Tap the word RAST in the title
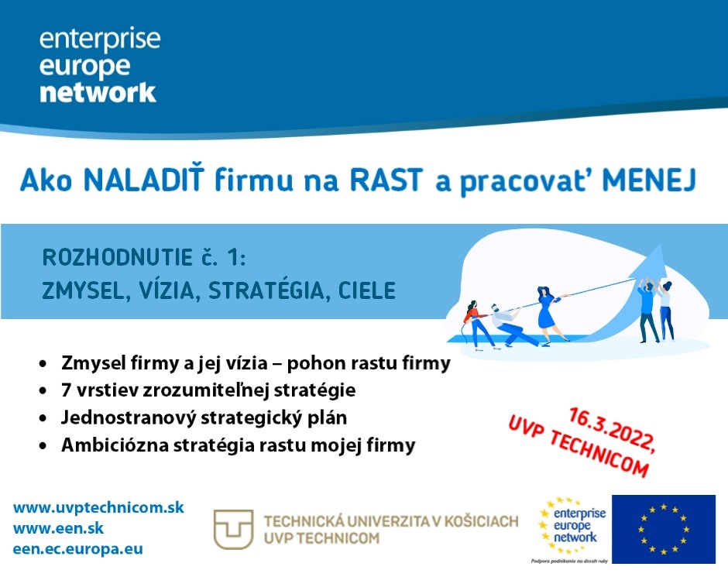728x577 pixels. (386, 180)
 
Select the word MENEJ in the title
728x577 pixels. (649, 180)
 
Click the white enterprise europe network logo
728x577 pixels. (99, 65)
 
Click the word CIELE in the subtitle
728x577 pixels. (367, 290)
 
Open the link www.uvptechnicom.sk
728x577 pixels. (98, 507)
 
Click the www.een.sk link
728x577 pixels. (59, 528)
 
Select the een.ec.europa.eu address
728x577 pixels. (78, 549)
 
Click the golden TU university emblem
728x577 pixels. (233, 529)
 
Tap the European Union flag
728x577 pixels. (664, 529)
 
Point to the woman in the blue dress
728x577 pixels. (549, 314)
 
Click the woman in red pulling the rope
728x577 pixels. (476, 324)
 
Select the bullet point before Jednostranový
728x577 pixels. (43, 418)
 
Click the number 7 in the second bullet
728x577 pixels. (66, 390)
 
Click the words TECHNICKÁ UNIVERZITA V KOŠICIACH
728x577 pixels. (391, 521)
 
